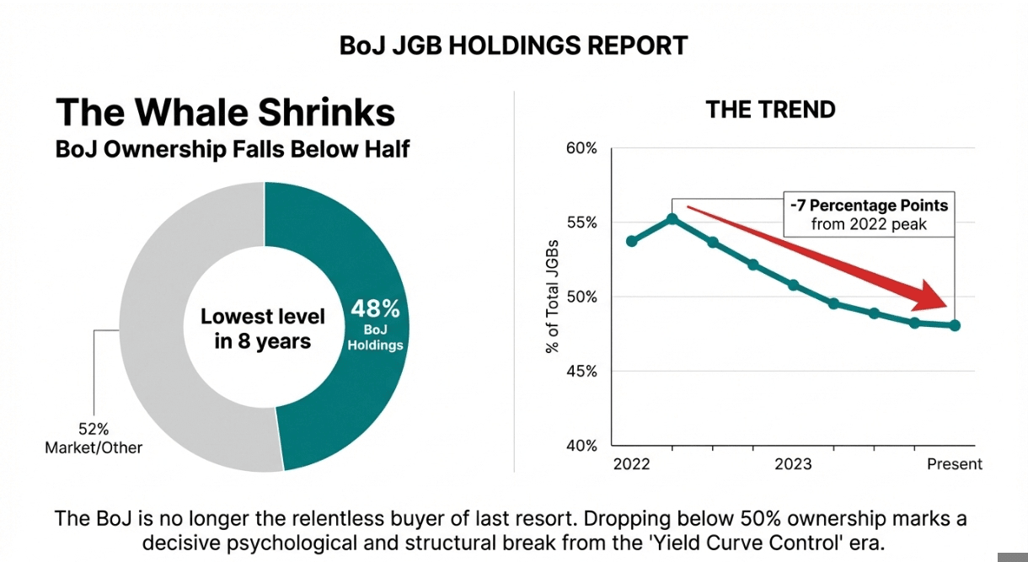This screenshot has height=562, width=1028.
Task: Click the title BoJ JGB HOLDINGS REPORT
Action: coord(513,45)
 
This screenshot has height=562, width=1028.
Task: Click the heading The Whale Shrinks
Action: coord(225,113)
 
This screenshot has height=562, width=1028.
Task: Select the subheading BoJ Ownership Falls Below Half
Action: coord(232,149)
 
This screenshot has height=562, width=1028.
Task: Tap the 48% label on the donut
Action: coord(376,309)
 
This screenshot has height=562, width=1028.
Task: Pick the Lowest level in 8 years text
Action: coord(263,329)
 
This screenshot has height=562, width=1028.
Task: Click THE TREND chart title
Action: coord(770,110)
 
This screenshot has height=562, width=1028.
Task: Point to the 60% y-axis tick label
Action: coord(580,148)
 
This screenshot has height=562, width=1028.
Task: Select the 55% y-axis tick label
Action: coord(580,222)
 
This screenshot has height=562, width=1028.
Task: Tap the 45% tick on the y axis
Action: coord(580,371)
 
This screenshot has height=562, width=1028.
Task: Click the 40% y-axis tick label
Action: coord(580,445)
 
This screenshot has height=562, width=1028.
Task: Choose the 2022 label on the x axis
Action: coord(631,464)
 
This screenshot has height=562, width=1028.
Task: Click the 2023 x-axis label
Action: coord(793,464)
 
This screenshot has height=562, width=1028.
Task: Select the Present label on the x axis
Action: coord(955,464)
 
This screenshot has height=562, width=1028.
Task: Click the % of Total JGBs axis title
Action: coord(553,297)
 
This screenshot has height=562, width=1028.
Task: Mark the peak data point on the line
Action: coord(672,219)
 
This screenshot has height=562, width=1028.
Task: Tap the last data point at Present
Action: coord(955,325)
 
